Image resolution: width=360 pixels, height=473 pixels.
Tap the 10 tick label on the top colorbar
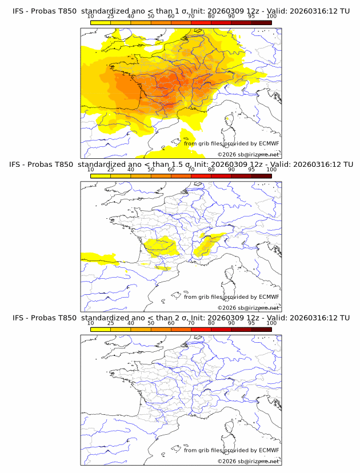click(90, 17)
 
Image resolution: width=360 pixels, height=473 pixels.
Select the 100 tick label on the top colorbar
click(271, 17)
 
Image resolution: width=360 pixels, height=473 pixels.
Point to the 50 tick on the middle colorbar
click(151, 170)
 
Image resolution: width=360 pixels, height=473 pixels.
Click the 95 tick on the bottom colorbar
click(251, 323)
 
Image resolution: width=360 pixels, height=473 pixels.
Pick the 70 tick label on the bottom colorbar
click(191, 323)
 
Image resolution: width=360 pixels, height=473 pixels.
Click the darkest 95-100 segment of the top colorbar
click(261, 23)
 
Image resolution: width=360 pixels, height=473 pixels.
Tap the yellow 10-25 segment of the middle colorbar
click(100, 176)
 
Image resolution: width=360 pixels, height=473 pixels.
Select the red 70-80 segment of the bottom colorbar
click(201, 329)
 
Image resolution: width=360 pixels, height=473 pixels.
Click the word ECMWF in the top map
click(269, 144)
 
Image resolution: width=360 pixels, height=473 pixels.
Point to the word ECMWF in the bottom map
click(269, 450)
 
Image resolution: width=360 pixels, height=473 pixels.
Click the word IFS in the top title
click(19, 11)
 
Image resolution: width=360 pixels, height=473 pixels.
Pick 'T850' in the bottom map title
click(67, 318)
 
